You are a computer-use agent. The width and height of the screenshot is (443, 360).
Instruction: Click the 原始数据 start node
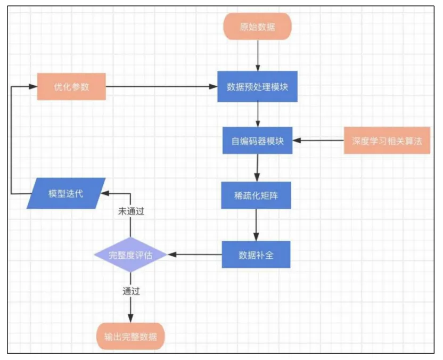pyautogui.click(x=258, y=26)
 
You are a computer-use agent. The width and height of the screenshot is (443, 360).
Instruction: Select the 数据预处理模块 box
pyautogui.click(x=258, y=86)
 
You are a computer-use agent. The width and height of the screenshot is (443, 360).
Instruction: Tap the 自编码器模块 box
pyautogui.click(x=258, y=141)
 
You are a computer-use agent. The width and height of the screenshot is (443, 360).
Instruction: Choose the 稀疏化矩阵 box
pyautogui.click(x=257, y=195)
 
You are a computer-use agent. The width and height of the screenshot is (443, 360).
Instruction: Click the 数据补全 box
pyautogui.click(x=257, y=255)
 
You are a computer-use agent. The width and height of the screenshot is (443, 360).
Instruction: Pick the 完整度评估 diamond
pyautogui.click(x=130, y=255)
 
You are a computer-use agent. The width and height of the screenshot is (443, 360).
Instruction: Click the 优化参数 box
pyautogui.click(x=71, y=86)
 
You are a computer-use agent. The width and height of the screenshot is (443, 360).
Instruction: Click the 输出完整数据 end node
pyautogui.click(x=130, y=337)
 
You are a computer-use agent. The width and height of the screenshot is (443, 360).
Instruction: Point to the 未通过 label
pyautogui.click(x=131, y=211)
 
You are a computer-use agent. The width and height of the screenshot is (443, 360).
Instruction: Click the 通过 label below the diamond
pyautogui.click(x=131, y=291)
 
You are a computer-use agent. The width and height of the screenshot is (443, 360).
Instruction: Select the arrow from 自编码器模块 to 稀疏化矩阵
pyautogui.click(x=257, y=168)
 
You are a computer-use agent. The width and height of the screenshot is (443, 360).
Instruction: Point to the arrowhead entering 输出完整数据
pyautogui.click(x=130, y=320)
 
